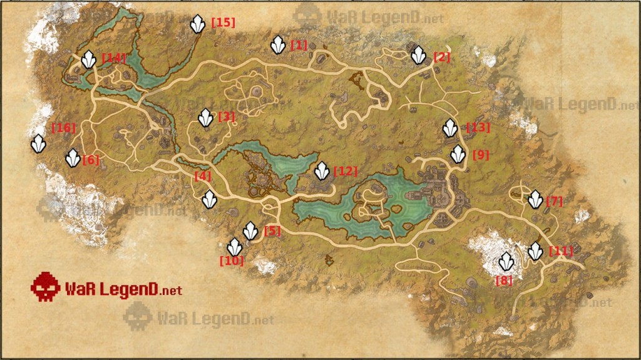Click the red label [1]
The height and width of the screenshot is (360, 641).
click(x=299, y=45)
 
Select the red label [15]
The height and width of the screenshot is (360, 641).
click(x=223, y=23)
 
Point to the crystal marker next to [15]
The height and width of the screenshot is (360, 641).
click(x=198, y=24)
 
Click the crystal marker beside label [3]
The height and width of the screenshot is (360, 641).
click(x=205, y=117)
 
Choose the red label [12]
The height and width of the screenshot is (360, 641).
click(x=345, y=171)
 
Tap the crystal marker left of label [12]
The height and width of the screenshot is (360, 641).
click(x=322, y=170)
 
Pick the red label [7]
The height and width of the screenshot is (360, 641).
click(x=555, y=202)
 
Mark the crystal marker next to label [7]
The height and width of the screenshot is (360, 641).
click(x=535, y=200)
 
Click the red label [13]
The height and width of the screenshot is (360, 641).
click(x=478, y=128)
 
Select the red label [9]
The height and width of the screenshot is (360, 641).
click(x=481, y=155)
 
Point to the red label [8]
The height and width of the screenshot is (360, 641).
click(x=504, y=280)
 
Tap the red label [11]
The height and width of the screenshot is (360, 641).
click(x=561, y=252)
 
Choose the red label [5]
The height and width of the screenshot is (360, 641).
click(x=272, y=231)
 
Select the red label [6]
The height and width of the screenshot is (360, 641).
click(x=91, y=160)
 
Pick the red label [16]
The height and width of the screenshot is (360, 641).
click(x=64, y=128)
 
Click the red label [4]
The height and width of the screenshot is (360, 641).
click(x=203, y=177)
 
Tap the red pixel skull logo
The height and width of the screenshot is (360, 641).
click(x=45, y=287)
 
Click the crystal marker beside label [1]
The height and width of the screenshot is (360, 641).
click(x=278, y=45)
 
